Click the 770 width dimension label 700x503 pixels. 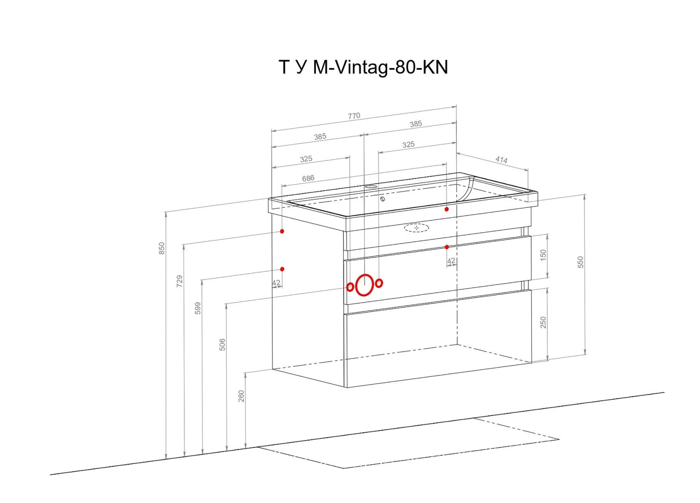[354, 116]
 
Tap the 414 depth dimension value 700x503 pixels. [501, 160]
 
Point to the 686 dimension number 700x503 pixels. [308, 178]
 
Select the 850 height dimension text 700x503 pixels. [162, 248]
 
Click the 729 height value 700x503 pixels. [179, 281]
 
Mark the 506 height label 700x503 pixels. [222, 345]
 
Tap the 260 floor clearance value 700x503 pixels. [241, 396]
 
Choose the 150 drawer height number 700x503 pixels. [543, 255]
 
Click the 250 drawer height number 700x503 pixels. [543, 322]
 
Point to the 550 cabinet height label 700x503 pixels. [581, 262]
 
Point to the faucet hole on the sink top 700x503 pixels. [370, 187]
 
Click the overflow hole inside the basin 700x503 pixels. [383, 199]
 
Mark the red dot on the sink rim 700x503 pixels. [447, 209]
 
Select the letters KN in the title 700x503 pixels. [435, 67]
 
